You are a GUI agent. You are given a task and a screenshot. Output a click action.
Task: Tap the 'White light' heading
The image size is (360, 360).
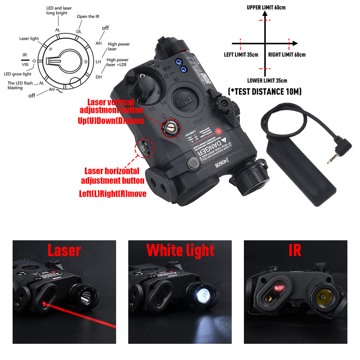[180, 250]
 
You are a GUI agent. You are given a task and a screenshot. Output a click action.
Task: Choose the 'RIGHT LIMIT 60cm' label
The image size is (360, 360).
[287, 55]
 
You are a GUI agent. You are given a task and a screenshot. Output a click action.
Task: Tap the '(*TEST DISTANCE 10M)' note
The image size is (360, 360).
[265, 92]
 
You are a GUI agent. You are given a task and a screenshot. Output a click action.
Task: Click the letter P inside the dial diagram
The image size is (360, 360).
[50, 48]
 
